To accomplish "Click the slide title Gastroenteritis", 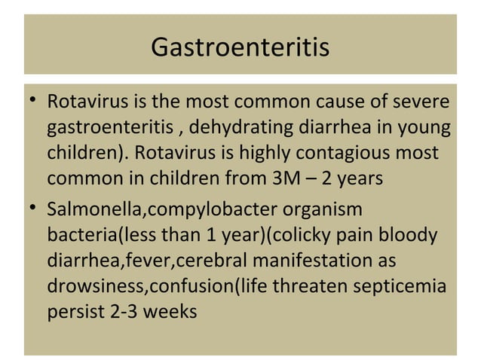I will [x=240, y=47].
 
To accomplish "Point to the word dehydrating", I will [x=242, y=127].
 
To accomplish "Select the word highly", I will [x=271, y=153].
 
